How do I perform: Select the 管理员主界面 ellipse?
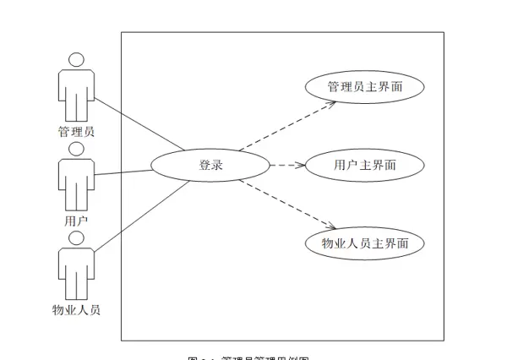[363, 87]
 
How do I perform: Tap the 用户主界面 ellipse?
[363, 165]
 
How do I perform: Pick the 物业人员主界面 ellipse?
[363, 243]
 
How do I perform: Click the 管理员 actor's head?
[76, 60]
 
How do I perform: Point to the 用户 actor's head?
[76, 149]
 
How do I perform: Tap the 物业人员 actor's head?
[76, 237]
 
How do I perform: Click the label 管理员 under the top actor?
[76, 132]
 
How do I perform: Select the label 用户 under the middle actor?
[76, 221]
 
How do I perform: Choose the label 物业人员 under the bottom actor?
[76, 310]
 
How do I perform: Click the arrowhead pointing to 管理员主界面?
[333, 103]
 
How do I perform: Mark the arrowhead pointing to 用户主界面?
[300, 166]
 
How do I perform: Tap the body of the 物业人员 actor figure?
[76, 269]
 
